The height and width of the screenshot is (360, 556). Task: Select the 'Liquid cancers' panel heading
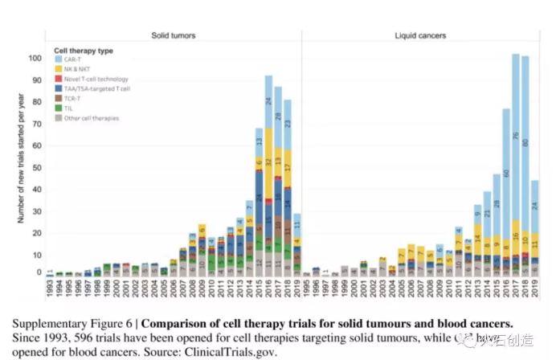[421, 35]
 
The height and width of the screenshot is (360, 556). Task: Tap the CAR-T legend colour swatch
[58, 59]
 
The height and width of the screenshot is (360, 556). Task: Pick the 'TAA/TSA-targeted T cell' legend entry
[92, 88]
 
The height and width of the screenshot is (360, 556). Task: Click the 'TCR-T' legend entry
[74, 98]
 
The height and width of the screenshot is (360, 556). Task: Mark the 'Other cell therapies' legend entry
[88, 118]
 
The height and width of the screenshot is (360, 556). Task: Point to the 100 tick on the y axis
[35, 58]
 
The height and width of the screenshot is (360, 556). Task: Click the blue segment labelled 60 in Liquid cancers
[506, 172]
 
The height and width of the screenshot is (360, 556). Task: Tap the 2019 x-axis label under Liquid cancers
[535, 285]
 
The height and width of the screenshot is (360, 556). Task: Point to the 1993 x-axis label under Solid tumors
[50, 285]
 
